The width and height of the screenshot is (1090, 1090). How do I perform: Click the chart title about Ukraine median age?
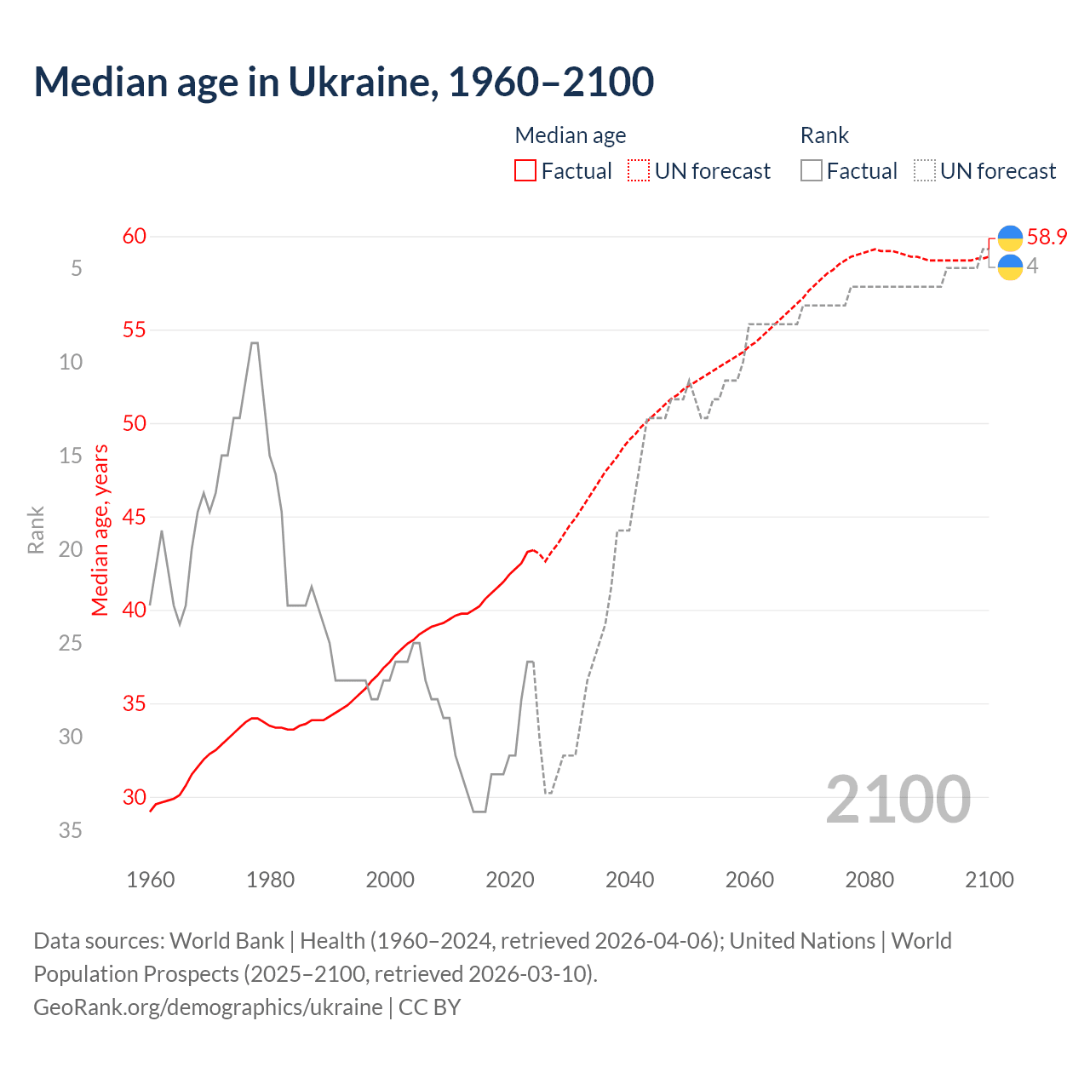pyautogui.click(x=343, y=82)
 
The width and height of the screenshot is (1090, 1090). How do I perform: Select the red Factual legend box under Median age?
pyautogui.click(x=525, y=171)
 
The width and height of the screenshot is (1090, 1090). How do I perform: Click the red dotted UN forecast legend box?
pyautogui.click(x=639, y=171)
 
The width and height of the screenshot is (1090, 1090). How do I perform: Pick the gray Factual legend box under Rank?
pyautogui.click(x=812, y=171)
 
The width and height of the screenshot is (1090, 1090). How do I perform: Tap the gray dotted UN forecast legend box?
pyautogui.click(x=925, y=171)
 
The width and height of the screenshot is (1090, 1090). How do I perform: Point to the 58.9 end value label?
pyautogui.click(x=1047, y=237)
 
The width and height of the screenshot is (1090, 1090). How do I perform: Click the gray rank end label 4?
pyautogui.click(x=1032, y=267)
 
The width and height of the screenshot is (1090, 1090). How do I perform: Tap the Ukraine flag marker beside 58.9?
pyautogui.click(x=1010, y=238)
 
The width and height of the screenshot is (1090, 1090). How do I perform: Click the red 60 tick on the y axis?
pyautogui.click(x=135, y=236)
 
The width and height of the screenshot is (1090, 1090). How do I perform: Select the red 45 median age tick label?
pyautogui.click(x=135, y=517)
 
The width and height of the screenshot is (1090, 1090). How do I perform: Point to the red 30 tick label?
pyautogui.click(x=135, y=797)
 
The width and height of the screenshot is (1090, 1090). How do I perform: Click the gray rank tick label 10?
pyautogui.click(x=71, y=362)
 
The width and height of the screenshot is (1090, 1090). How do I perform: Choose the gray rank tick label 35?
pyautogui.click(x=71, y=830)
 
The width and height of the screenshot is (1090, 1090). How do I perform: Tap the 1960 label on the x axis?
pyautogui.click(x=150, y=880)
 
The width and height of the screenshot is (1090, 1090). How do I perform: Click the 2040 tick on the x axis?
pyautogui.click(x=629, y=880)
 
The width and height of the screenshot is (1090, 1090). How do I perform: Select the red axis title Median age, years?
pyautogui.click(x=100, y=530)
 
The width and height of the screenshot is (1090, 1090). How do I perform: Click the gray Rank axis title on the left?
pyautogui.click(x=36, y=530)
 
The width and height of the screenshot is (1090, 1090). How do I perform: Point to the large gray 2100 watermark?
pyautogui.click(x=898, y=799)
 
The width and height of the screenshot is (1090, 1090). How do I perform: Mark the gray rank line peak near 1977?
pyautogui.click(x=254, y=343)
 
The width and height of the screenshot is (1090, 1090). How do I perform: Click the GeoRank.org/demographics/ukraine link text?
pyautogui.click(x=208, y=1007)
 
